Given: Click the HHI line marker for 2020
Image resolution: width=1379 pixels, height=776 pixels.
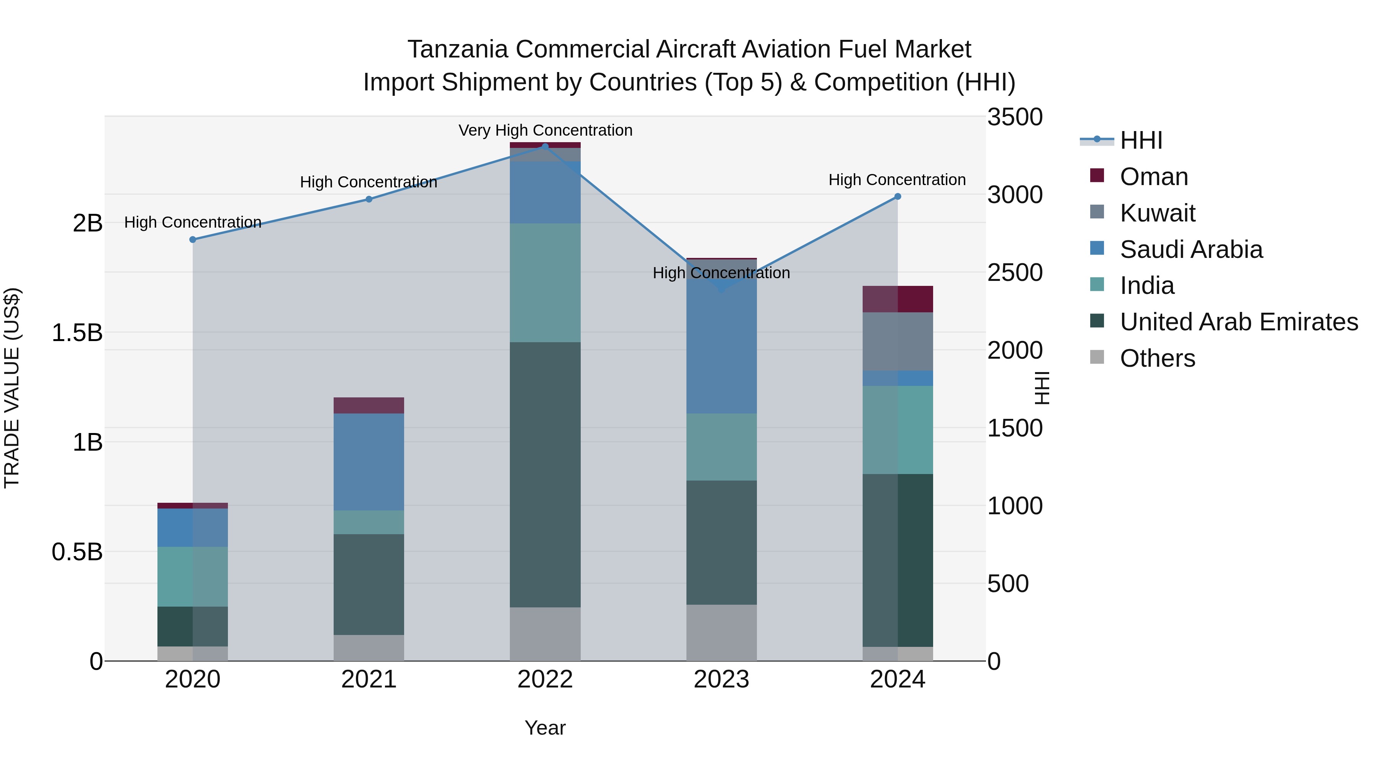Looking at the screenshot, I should [193, 240].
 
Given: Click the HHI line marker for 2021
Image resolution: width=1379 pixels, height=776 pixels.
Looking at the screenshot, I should [369, 199].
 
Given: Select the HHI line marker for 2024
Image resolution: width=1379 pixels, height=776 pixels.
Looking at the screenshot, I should [898, 197].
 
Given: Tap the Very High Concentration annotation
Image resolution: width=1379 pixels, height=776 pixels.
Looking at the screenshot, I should [545, 131].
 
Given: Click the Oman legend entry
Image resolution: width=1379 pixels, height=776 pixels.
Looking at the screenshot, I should [1154, 177].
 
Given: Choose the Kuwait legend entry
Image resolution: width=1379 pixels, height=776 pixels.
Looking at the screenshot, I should [1157, 213].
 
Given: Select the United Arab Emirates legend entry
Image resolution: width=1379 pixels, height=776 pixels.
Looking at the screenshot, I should [1238, 322].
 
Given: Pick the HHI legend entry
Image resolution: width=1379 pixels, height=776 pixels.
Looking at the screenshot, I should [1140, 140].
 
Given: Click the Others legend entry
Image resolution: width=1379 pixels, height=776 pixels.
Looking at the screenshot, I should [1157, 358].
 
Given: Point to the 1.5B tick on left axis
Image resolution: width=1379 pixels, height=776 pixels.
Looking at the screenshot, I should [77, 333].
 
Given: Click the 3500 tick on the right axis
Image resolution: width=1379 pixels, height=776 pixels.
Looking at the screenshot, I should [1014, 117].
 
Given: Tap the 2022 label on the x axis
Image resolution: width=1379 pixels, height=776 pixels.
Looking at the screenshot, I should [545, 679].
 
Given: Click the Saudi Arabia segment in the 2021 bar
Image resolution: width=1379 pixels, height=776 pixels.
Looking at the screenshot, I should [369, 462].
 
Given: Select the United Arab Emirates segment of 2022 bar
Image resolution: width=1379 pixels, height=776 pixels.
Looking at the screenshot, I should [545, 474].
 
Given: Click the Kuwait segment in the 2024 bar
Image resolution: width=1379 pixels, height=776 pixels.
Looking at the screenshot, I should [898, 341].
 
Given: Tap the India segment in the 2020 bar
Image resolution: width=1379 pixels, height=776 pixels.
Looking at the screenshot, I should [193, 576].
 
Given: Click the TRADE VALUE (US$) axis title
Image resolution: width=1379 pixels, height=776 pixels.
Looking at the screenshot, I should [12, 388].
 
